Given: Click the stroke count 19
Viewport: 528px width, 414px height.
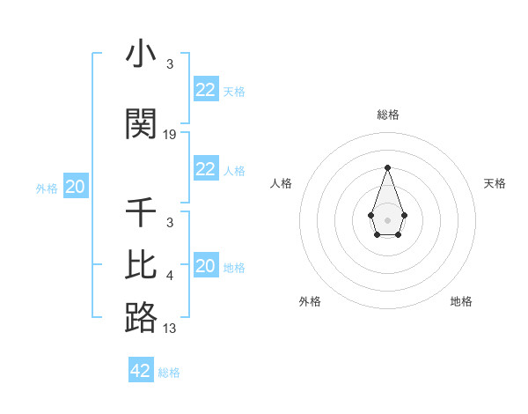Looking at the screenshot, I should tap(170, 135).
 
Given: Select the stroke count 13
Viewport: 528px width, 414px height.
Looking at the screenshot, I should tap(170, 329).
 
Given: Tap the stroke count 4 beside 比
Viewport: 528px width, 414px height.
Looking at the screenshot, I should tap(170, 276).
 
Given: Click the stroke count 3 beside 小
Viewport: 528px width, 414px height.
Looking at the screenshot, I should tap(170, 64).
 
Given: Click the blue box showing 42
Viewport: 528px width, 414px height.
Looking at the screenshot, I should tap(141, 371).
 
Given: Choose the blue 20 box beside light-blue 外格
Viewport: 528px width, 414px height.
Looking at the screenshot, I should tap(76, 187).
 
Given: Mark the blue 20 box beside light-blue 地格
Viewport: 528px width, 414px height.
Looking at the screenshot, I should tap(206, 266).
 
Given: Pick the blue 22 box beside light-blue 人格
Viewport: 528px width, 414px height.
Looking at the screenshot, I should tap(206, 169).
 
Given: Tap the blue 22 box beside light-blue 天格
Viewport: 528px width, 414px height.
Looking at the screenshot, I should tap(206, 90).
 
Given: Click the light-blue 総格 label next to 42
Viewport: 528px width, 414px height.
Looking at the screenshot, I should tap(169, 373).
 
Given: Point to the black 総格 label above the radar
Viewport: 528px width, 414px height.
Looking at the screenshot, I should tap(387, 115).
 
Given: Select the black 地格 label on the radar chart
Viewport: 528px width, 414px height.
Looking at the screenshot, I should tap(461, 301).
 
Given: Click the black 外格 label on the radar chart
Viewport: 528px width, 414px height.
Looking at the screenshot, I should tap(310, 301).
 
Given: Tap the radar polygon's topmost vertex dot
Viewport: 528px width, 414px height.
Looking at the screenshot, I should tap(387, 167).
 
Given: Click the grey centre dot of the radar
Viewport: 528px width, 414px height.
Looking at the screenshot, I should tap(387, 218).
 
